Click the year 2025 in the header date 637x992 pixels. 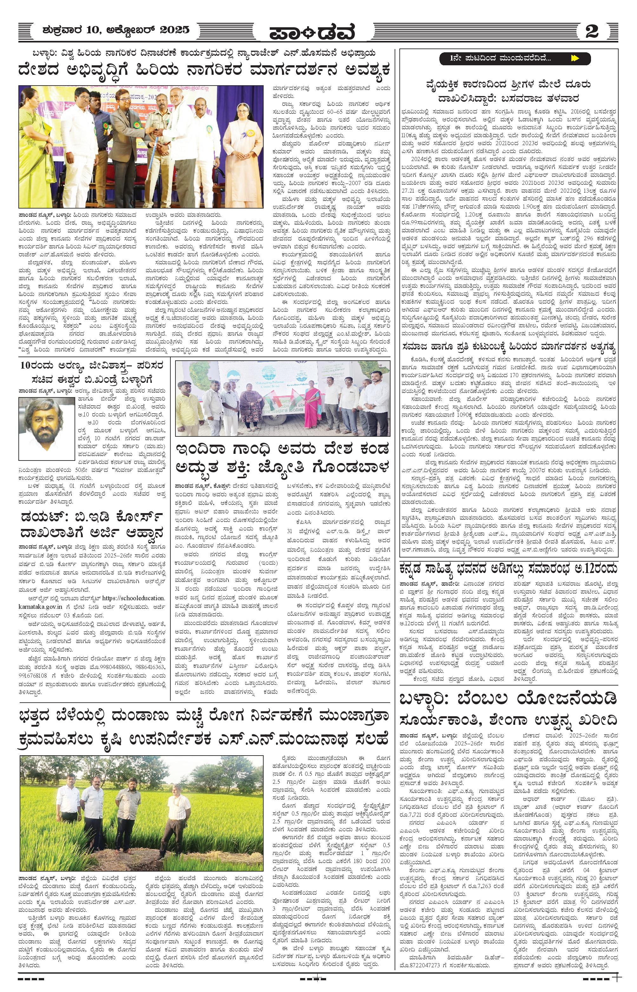(174, 30)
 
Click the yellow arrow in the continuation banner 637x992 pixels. (575, 58)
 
